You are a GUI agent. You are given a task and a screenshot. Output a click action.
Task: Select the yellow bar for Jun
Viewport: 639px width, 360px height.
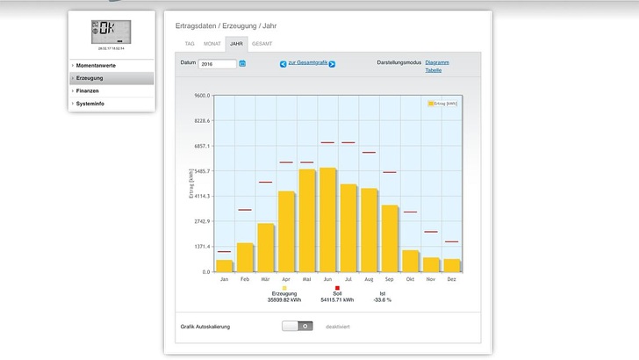tap(327, 220)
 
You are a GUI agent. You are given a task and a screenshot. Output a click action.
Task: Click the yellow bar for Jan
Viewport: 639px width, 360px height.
tap(225, 265)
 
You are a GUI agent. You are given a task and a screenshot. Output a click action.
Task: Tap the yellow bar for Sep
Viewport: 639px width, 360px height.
tap(389, 238)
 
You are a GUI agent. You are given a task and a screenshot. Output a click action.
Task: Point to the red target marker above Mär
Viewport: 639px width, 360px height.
tap(265, 183)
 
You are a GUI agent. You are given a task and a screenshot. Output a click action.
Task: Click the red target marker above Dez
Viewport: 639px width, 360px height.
tap(451, 241)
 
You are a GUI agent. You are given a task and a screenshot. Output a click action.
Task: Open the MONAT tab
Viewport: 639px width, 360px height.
tap(212, 42)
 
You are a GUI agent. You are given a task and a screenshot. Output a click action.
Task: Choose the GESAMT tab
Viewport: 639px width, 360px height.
tap(262, 42)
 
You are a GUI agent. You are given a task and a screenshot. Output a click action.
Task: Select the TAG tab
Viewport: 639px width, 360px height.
tap(190, 42)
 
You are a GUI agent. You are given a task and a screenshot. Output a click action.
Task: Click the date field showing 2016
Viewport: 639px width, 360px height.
tap(218, 63)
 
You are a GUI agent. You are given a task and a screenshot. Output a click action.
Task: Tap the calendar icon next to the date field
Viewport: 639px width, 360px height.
tap(242, 63)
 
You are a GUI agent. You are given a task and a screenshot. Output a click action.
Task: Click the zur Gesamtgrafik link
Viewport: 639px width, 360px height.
tap(306, 63)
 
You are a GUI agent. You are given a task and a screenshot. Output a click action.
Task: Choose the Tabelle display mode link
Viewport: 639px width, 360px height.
tap(434, 70)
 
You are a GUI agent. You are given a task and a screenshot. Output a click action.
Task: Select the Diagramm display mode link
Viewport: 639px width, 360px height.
tap(437, 62)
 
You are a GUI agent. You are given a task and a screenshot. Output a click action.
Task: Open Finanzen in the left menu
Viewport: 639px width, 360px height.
tap(88, 90)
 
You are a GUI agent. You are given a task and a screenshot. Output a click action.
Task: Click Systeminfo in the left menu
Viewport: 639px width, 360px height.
tap(91, 104)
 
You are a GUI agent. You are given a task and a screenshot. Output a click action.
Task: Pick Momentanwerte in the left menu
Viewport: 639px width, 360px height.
tap(96, 65)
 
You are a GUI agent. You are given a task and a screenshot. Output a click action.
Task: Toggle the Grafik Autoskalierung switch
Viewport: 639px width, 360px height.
tap(298, 326)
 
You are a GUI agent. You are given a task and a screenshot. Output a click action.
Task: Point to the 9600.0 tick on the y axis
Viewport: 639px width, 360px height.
tap(202, 95)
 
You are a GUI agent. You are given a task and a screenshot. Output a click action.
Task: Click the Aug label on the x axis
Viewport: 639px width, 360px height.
tap(369, 279)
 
